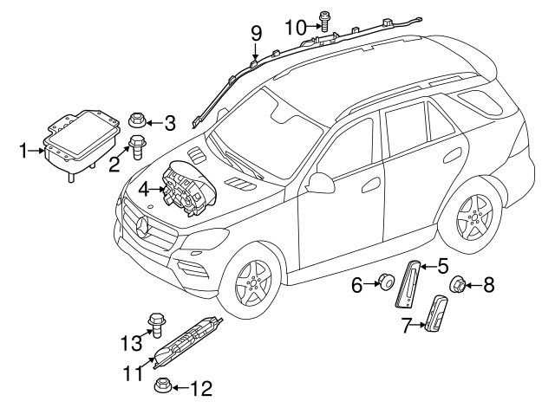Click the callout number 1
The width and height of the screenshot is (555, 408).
[23, 152]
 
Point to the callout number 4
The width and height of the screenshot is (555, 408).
[144, 186]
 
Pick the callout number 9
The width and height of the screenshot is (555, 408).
[256, 34]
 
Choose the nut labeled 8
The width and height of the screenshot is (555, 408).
[456, 283]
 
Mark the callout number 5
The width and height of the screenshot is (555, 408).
[441, 266]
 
